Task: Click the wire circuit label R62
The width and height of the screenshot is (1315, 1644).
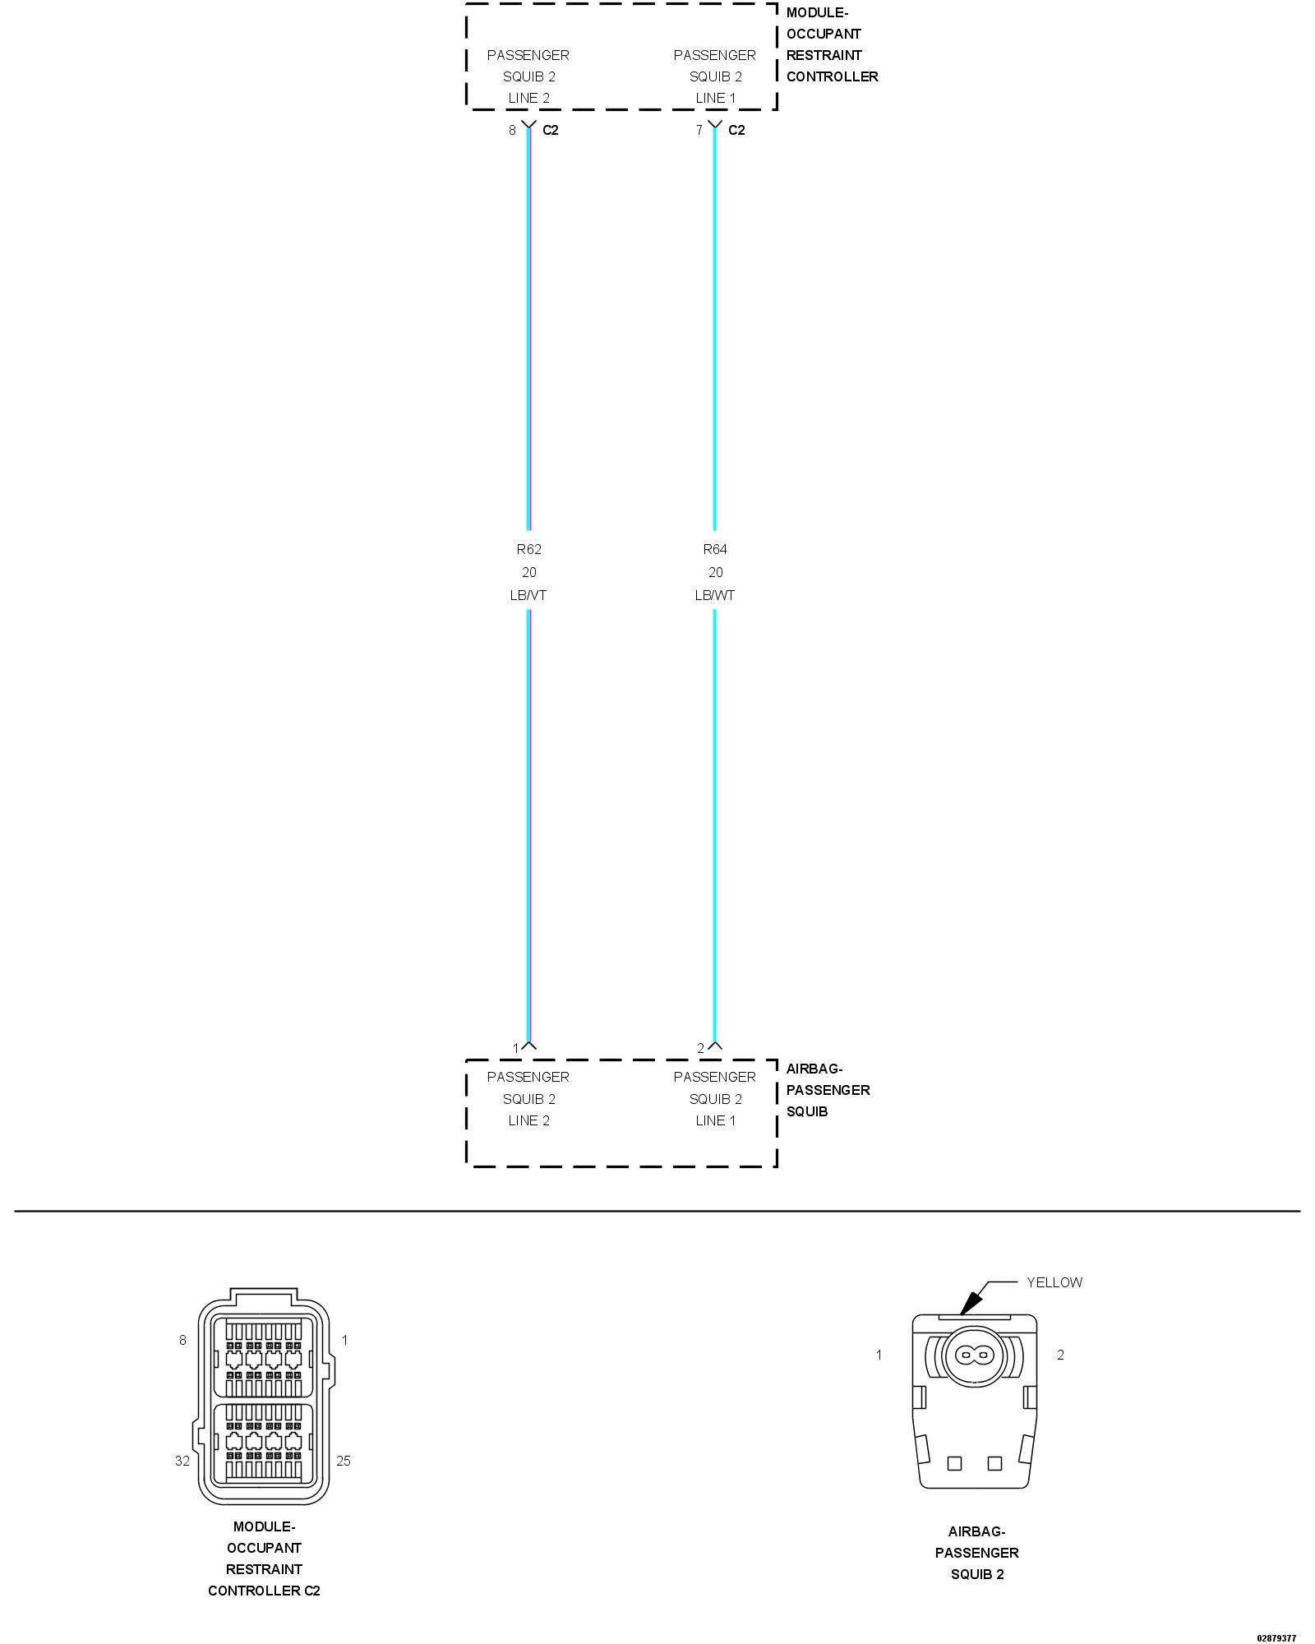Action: pos(528,549)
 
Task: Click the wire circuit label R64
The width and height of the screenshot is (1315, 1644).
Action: pos(714,549)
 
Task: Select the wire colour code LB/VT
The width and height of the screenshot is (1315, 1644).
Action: pos(528,595)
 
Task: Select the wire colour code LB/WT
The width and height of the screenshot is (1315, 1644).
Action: pos(714,595)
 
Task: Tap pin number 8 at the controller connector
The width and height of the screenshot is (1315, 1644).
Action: pos(512,130)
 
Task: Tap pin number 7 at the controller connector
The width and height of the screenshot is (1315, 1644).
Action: pos(699,130)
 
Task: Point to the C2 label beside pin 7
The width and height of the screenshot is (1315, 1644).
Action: pos(736,130)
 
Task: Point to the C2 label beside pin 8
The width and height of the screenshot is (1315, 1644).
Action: pos(551,130)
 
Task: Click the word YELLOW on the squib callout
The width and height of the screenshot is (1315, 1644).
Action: pos(1054,1282)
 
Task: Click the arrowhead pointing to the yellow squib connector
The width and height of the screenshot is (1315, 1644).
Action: pos(971,1302)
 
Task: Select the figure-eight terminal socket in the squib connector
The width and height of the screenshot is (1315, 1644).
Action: pos(975,1354)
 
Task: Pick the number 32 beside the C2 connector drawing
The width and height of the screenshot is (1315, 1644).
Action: pos(182,1461)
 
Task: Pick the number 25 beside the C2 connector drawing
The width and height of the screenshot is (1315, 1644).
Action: pos(344,1461)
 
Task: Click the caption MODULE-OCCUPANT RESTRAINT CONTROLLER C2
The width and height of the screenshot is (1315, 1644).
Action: pos(264,1559)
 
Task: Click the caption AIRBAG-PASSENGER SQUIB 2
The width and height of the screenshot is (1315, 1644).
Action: pos(976,1553)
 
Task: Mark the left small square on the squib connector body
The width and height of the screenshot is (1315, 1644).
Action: pos(954,1463)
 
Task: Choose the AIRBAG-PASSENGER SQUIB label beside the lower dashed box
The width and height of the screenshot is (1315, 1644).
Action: pos(827,1090)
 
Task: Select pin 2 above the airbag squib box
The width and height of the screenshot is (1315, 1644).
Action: pos(701,1048)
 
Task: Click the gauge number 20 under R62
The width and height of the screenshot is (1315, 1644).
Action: pos(528,572)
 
